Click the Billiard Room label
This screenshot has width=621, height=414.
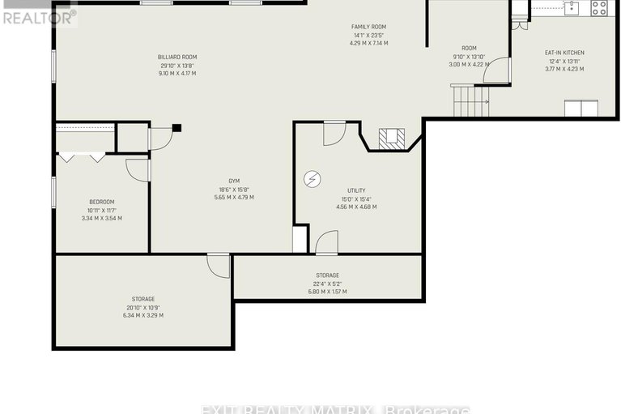click(x=177, y=57)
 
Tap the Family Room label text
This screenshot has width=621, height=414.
click(x=368, y=27)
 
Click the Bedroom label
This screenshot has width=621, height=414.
click(x=102, y=202)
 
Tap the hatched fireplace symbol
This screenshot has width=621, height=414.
click(x=391, y=138)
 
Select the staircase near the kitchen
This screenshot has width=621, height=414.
click(x=470, y=101)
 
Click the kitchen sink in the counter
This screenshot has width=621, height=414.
click(x=571, y=8)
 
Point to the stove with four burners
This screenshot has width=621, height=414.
click(x=599, y=8)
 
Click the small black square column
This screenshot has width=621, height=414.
click(x=177, y=127)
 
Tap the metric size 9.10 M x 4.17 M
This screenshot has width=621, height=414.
click(x=177, y=74)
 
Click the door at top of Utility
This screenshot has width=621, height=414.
click(x=334, y=132)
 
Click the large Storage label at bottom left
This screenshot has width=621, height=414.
click(x=142, y=299)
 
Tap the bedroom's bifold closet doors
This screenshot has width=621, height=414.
click(x=81, y=157)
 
